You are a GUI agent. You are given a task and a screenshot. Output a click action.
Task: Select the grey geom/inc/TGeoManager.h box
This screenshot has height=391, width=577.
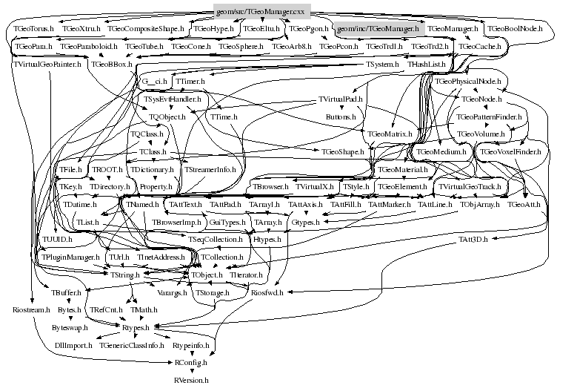(x=378, y=28)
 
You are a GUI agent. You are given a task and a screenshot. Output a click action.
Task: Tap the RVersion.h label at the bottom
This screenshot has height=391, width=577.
(x=191, y=379)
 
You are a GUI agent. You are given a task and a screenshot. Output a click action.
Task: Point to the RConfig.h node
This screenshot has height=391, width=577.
(x=191, y=363)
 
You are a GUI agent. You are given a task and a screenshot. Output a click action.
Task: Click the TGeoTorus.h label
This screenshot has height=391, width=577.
(x=33, y=28)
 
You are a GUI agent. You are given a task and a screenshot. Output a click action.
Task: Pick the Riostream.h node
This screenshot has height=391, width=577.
(x=32, y=309)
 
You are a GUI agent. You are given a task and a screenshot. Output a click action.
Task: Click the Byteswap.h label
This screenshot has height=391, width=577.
(x=70, y=327)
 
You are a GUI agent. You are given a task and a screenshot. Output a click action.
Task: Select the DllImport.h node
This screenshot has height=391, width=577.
(x=73, y=345)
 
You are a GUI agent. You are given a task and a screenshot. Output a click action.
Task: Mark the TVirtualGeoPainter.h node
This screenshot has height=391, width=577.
(x=47, y=65)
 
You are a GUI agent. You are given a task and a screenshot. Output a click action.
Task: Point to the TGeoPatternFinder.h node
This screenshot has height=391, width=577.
(x=490, y=117)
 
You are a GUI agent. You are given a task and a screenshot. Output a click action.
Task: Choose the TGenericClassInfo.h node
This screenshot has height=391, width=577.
(x=132, y=345)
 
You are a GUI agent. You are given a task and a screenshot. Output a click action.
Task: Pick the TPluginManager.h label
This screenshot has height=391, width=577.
(x=70, y=257)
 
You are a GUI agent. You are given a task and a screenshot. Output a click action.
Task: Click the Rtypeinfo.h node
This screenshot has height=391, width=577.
(x=192, y=345)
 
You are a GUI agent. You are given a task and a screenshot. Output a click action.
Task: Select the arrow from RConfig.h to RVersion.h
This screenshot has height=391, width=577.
(x=191, y=371)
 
